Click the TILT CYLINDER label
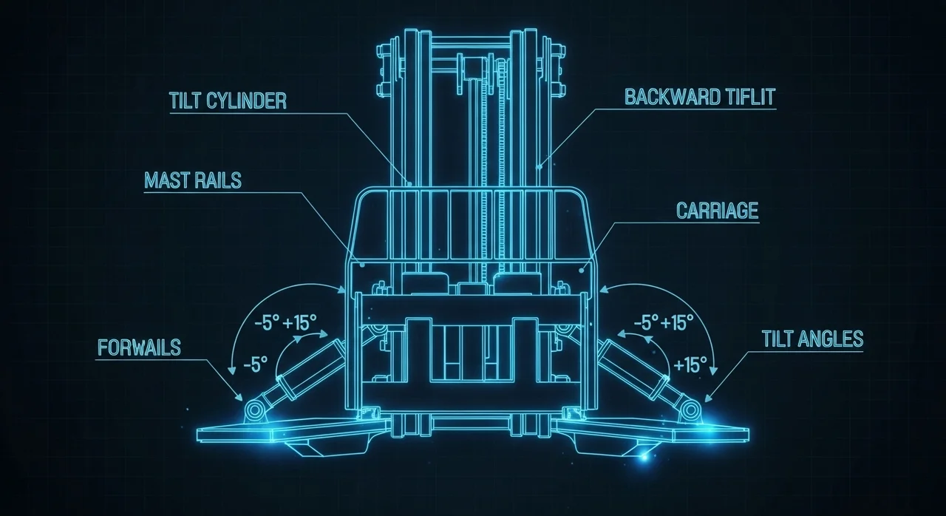coord(227,101)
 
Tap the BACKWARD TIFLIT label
coord(700,97)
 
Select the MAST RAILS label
coord(193,180)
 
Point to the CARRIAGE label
coord(717,210)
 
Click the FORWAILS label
coord(139,347)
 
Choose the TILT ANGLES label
coord(812,339)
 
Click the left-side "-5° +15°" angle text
coord(285,322)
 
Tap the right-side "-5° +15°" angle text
coord(663,322)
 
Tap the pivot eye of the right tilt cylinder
coord(690,409)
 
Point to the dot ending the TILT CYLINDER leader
coord(408,182)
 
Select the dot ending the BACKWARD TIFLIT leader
coord(540,167)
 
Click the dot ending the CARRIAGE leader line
coord(582,271)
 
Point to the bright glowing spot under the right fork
coord(645,457)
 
